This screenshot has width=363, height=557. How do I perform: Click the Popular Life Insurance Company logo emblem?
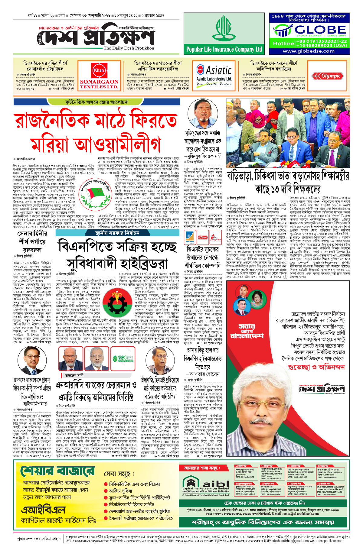[224, 29]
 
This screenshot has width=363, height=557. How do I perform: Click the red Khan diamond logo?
[99, 70]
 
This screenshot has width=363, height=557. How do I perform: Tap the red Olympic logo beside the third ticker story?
[328, 76]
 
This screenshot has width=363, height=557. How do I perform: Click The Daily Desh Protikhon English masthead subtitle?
[129, 48]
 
